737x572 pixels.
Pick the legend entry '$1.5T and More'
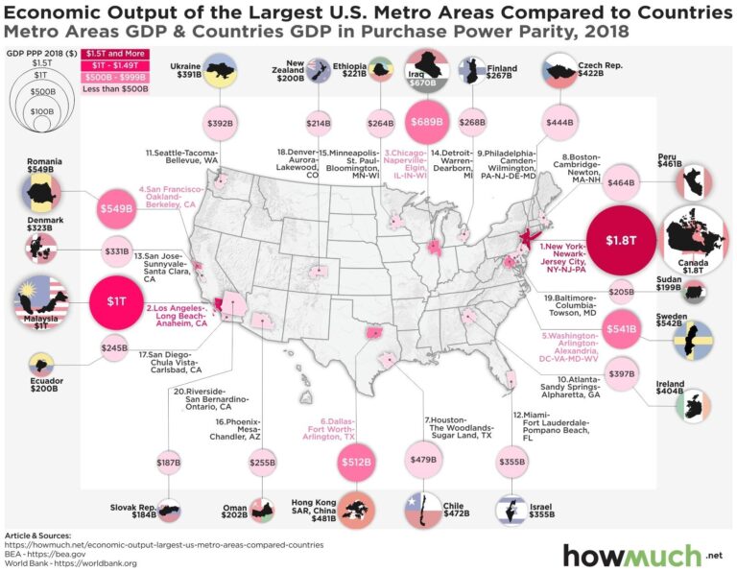point(107,53)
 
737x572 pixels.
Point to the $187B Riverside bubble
point(169,464)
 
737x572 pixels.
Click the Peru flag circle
point(696,179)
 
